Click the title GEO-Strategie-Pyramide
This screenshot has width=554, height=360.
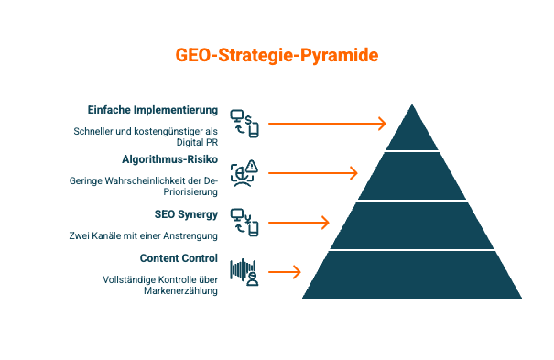click(x=277, y=55)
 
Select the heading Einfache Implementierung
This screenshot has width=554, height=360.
click(x=153, y=110)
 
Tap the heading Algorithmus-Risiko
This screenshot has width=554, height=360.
click(x=169, y=158)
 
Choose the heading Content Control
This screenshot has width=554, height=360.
click(x=179, y=258)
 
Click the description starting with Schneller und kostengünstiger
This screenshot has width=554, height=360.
click(x=146, y=136)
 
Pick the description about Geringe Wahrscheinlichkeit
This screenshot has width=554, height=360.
click(x=144, y=186)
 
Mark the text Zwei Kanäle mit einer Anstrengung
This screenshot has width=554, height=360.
click(x=144, y=235)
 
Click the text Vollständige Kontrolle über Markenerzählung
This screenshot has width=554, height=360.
click(x=160, y=285)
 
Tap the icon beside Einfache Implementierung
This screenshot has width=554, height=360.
click(x=244, y=123)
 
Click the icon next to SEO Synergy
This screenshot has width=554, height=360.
click(x=244, y=222)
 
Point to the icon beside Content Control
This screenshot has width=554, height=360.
click(x=244, y=272)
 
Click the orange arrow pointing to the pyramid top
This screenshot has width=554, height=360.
click(x=327, y=123)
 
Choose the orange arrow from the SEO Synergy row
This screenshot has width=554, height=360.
click(x=299, y=222)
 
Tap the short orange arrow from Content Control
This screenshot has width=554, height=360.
click(x=284, y=271)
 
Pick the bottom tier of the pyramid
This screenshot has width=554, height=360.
click(x=412, y=274)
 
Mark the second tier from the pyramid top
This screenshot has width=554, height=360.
click(x=412, y=175)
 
